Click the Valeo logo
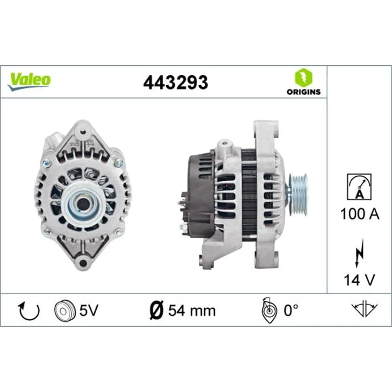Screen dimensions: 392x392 (29, 82)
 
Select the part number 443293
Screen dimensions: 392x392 (176, 83)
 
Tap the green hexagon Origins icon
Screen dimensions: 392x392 (304, 77)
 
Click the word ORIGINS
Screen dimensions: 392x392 (304, 92)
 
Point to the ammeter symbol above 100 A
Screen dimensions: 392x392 (359, 187)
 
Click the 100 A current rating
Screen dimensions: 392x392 (360, 214)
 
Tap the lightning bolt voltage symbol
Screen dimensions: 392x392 (360, 252)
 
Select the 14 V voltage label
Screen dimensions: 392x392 (360, 280)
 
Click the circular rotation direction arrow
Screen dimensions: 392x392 (29, 312)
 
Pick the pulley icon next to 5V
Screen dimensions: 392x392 (65, 310)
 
